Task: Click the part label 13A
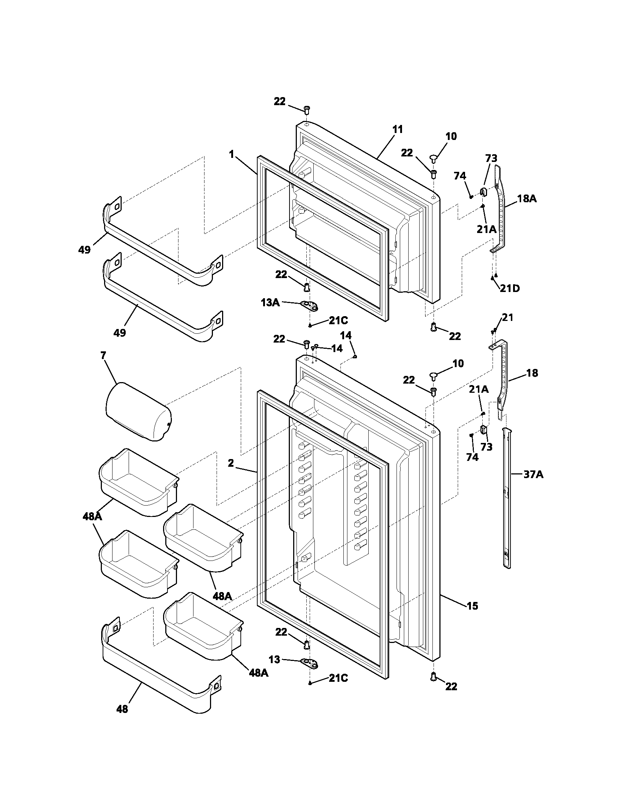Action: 270,303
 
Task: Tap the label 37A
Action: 533,474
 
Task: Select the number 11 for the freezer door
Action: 398,130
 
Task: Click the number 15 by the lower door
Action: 472,606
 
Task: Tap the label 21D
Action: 510,288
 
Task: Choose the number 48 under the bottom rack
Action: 122,709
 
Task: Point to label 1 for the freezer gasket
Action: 231,154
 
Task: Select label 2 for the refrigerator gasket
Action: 231,463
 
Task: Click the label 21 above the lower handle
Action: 508,317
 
